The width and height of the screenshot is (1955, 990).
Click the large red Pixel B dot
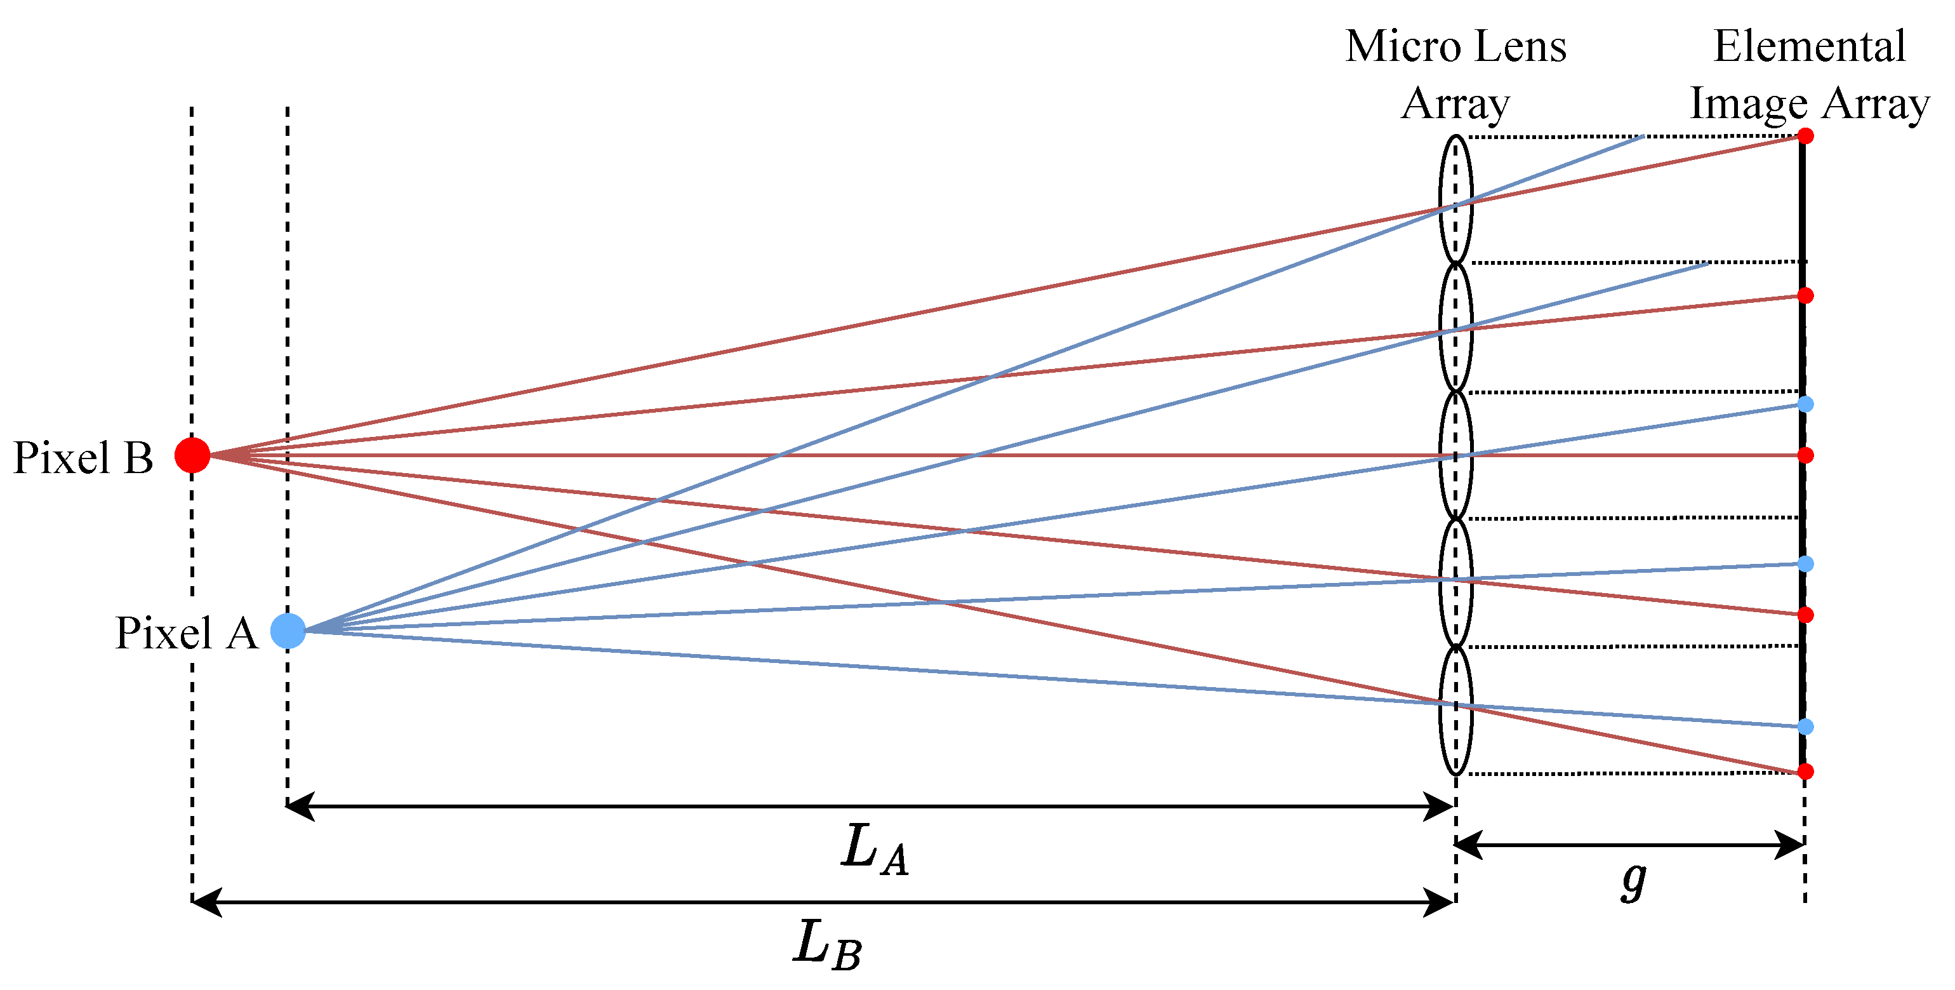pos(192,455)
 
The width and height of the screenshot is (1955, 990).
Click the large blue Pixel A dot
pos(288,631)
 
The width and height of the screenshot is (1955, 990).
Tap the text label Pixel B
pos(84,458)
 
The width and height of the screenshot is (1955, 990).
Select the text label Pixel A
pos(187,633)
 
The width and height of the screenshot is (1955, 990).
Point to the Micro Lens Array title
pos(1455,74)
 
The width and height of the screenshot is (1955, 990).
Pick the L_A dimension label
pos(874,850)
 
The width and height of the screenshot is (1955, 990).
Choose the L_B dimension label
pos(827,944)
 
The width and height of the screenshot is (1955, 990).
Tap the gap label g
pos(1634,881)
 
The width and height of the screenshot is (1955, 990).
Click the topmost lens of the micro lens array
pos(1455,199)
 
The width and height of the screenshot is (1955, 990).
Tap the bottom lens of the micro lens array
pos(1455,710)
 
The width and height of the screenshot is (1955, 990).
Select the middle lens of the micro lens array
pos(1455,455)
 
